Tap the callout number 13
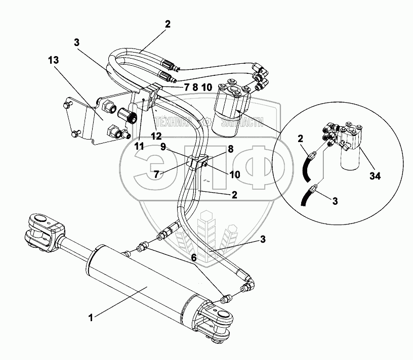click(53, 60)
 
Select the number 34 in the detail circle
click(375, 175)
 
